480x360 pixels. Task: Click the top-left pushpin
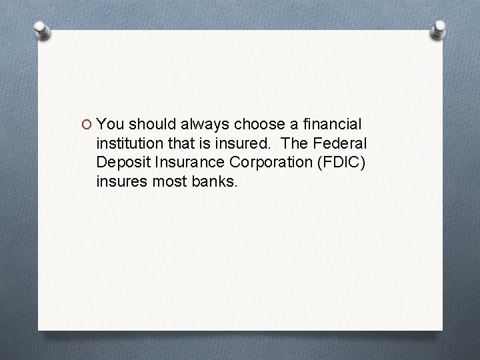pyautogui.click(x=41, y=30)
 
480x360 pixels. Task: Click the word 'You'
pyautogui.click(x=111, y=125)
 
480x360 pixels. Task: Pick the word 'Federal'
pyautogui.click(x=341, y=143)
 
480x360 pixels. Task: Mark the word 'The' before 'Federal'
pyautogui.click(x=294, y=143)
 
